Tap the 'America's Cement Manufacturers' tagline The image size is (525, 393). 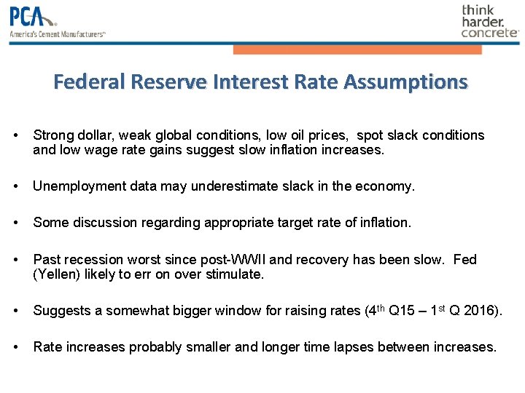tap(58, 33)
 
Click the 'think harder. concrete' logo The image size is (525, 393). tap(489, 21)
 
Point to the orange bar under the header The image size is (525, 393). tap(357, 49)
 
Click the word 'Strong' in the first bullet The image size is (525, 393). tap(52, 135)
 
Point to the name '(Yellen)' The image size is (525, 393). tap(58, 274)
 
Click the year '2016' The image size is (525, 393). tap(481, 311)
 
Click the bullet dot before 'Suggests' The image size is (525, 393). tap(16, 311)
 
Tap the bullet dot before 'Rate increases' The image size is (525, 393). tap(16, 347)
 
